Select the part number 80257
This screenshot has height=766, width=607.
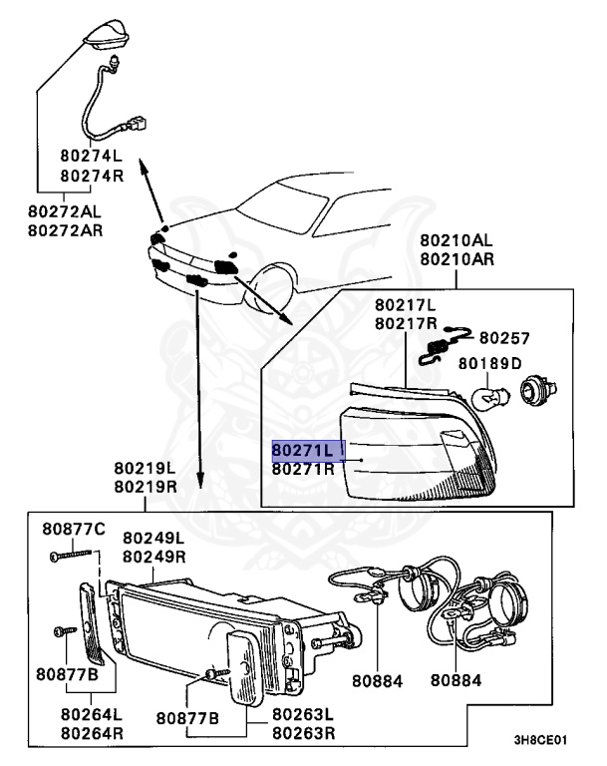coord(504,338)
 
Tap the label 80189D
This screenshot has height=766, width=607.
coord(489,363)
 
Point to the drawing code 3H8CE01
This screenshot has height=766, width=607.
coord(540,741)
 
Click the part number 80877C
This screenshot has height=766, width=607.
coord(73,529)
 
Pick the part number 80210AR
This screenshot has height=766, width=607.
coord(455,259)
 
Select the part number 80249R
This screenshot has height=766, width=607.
coord(154,555)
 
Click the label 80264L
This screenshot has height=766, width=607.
coord(92,714)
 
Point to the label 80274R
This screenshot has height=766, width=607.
coord(92,175)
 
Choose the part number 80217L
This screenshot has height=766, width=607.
coord(407,304)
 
